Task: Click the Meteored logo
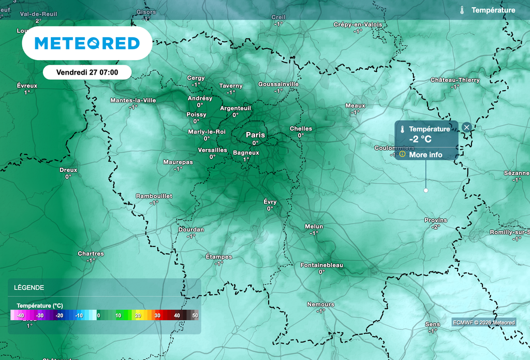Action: point(87,44)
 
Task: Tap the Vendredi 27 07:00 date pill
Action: point(86,72)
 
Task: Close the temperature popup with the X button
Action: point(466,127)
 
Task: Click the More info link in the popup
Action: point(425,154)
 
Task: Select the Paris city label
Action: point(255,135)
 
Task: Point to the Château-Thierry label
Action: point(455,80)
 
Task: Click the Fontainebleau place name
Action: point(321,265)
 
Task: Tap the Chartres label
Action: point(91,254)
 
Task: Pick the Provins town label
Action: point(435,220)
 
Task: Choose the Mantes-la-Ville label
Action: point(133,100)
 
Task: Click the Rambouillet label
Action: point(154,196)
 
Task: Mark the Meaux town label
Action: point(355,106)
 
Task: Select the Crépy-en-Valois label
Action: point(358,24)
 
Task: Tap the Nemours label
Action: point(320,305)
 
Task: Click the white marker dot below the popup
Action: point(426,191)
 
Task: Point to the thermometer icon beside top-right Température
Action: point(462,10)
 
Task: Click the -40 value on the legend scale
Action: point(20,315)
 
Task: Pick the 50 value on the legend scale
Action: point(195,315)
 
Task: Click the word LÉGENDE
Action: point(29,287)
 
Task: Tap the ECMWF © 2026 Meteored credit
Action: point(484,322)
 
